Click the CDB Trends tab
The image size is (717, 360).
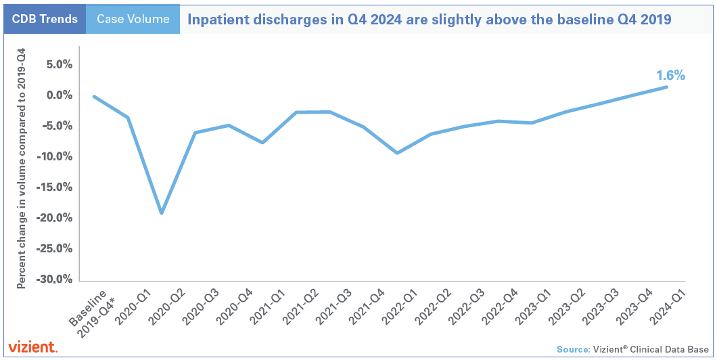click(44, 19)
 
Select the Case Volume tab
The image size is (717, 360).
click(133, 19)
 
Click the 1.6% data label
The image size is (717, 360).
click(670, 75)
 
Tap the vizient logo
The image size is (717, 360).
click(32, 347)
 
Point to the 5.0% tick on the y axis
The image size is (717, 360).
click(58, 65)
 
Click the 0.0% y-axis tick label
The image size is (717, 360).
click(58, 95)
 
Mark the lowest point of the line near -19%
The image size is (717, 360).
click(162, 213)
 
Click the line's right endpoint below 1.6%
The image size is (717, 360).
click(668, 87)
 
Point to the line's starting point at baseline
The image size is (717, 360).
click(94, 96)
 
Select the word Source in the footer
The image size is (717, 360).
click(573, 349)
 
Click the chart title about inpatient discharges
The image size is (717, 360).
click(429, 19)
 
